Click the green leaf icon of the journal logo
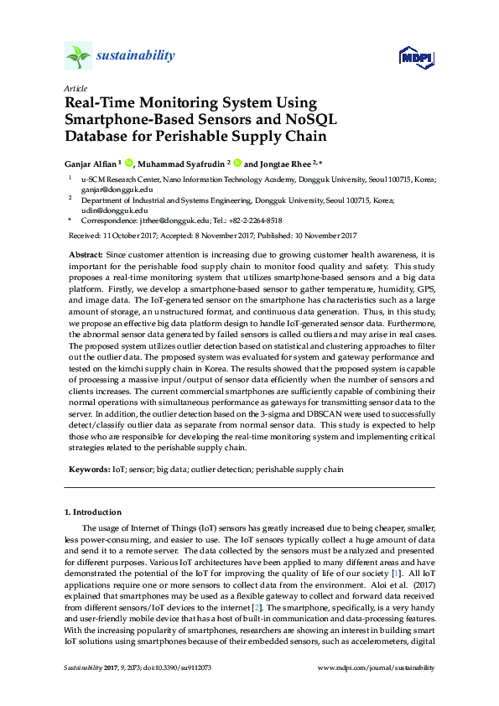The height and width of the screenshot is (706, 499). [78, 56]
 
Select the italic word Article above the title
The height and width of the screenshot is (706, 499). [75, 88]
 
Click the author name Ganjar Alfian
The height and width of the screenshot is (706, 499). [90, 164]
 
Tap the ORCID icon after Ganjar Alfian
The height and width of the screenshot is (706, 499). [130, 164]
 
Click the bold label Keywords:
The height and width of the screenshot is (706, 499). [88, 470]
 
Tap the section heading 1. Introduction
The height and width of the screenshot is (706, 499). [93, 511]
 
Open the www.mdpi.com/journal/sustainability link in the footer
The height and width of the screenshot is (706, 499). [377, 667]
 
